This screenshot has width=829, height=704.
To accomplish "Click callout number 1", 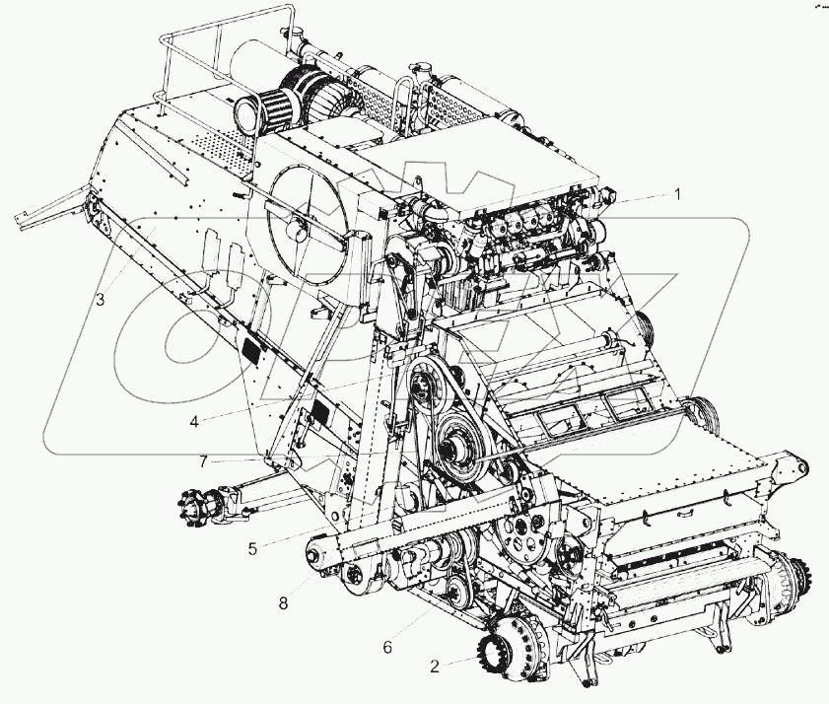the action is [676, 194].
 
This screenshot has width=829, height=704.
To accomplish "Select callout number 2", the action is [434, 667].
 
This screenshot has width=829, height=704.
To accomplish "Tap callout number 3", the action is [101, 300].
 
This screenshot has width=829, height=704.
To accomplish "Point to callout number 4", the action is [194, 422].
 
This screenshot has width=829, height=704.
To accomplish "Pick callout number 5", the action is [252, 549].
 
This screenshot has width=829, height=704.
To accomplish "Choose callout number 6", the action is [387, 647].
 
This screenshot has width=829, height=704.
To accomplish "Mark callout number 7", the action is [203, 461].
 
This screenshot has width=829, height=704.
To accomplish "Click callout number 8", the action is [283, 603].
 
